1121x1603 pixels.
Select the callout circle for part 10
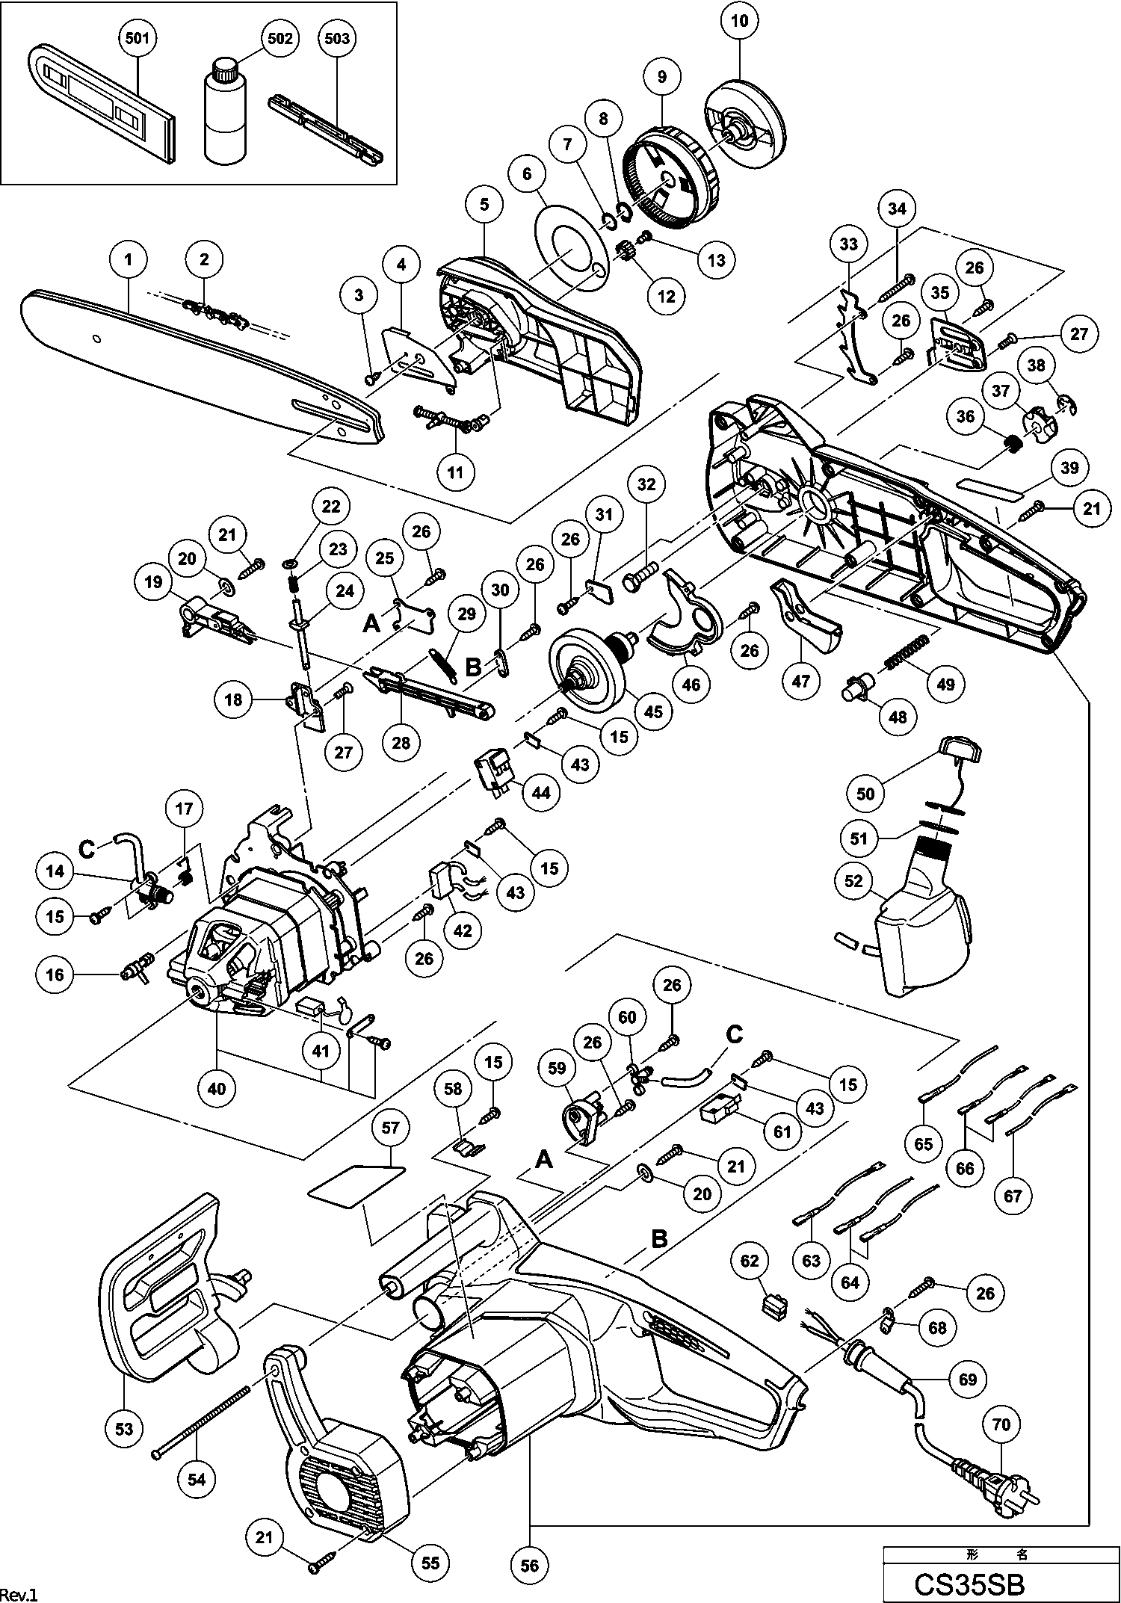pyautogui.click(x=739, y=21)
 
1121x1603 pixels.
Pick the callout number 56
pyautogui.click(x=529, y=1564)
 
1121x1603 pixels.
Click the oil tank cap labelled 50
pyautogui.click(x=960, y=747)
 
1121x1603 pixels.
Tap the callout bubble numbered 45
pyautogui.click(x=653, y=711)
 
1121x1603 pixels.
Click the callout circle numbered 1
pyautogui.click(x=129, y=260)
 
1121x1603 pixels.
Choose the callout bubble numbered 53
pyautogui.click(x=124, y=1428)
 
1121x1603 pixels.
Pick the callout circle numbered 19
pyautogui.click(x=153, y=582)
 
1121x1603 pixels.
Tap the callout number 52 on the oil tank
pyautogui.click(x=853, y=881)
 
